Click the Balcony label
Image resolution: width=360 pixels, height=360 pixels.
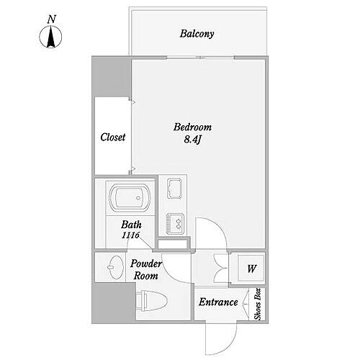pyautogui.click(x=197, y=34)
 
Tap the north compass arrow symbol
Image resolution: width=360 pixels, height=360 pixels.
pyautogui.click(x=50, y=37)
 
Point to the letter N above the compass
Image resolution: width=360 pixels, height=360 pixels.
pyautogui.click(x=52, y=19)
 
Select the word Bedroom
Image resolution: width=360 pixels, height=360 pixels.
pyautogui.click(x=192, y=127)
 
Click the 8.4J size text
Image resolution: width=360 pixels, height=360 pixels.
pyautogui.click(x=192, y=140)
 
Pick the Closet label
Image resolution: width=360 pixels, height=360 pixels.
pyautogui.click(x=113, y=138)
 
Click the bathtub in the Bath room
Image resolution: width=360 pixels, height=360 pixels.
pyautogui.click(x=130, y=198)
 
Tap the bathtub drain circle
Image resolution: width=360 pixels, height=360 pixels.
pyautogui.click(x=138, y=198)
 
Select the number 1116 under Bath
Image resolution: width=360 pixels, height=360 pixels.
pyautogui.click(x=130, y=235)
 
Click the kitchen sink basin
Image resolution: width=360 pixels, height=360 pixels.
pyautogui.click(x=174, y=189)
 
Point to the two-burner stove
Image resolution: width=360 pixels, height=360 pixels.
pyautogui.click(x=175, y=223)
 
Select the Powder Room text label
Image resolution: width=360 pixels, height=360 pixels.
pyautogui.click(x=146, y=270)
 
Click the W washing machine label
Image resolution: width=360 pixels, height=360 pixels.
pyautogui.click(x=251, y=269)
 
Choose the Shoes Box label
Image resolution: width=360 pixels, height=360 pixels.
pyautogui.click(x=258, y=304)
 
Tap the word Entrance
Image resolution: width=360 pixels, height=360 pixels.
pyautogui.click(x=218, y=302)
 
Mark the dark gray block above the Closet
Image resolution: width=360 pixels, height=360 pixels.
pyautogui.click(x=111, y=77)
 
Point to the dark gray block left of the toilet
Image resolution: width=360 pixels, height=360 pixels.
pyautogui.click(x=113, y=303)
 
